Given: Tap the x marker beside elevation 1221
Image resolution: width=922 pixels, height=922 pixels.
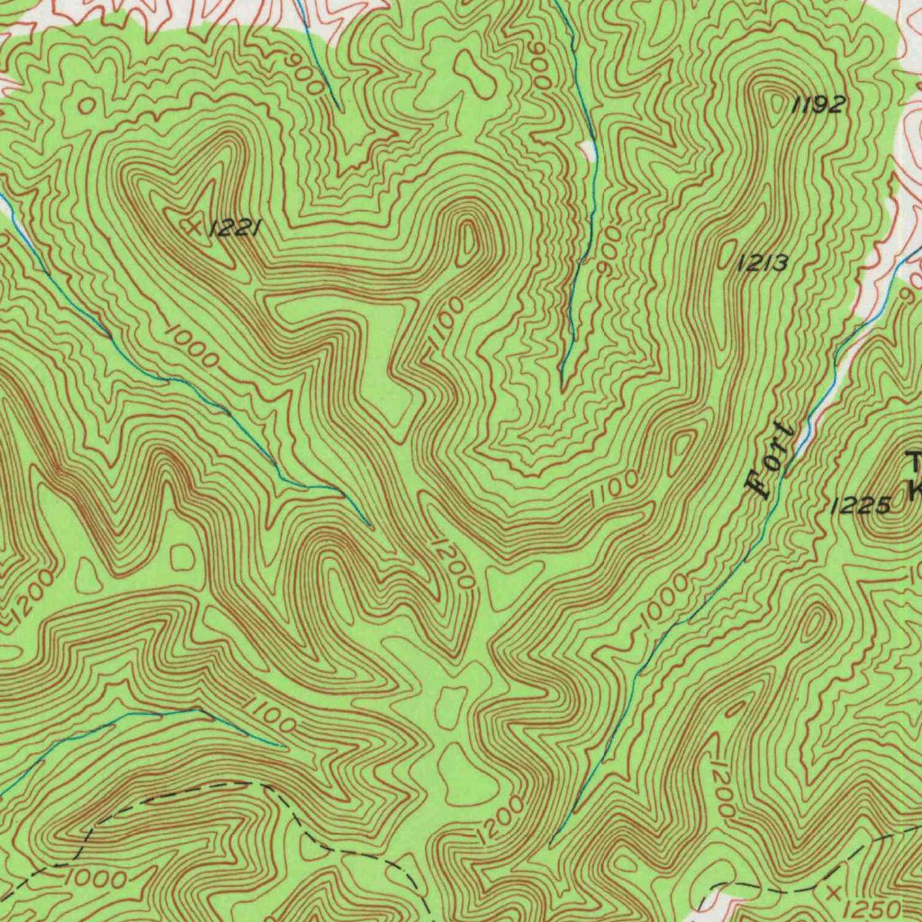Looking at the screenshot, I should (x=192, y=227).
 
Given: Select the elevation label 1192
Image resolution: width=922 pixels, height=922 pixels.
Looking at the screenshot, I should (x=818, y=105).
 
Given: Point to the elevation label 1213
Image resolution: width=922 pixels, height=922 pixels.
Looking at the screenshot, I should (x=763, y=263).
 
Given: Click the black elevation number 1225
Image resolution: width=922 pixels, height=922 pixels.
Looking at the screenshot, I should (x=860, y=506).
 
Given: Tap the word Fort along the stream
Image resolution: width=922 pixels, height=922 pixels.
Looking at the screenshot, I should (x=773, y=460).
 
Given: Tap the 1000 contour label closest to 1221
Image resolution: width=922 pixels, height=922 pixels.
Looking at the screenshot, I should (x=192, y=348).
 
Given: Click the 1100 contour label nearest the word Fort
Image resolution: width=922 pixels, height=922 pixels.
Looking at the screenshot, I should (x=615, y=486).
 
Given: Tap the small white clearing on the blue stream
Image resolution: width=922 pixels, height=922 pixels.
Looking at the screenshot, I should (x=589, y=149).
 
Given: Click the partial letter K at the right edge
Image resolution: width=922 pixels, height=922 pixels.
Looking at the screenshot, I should (x=916, y=491).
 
